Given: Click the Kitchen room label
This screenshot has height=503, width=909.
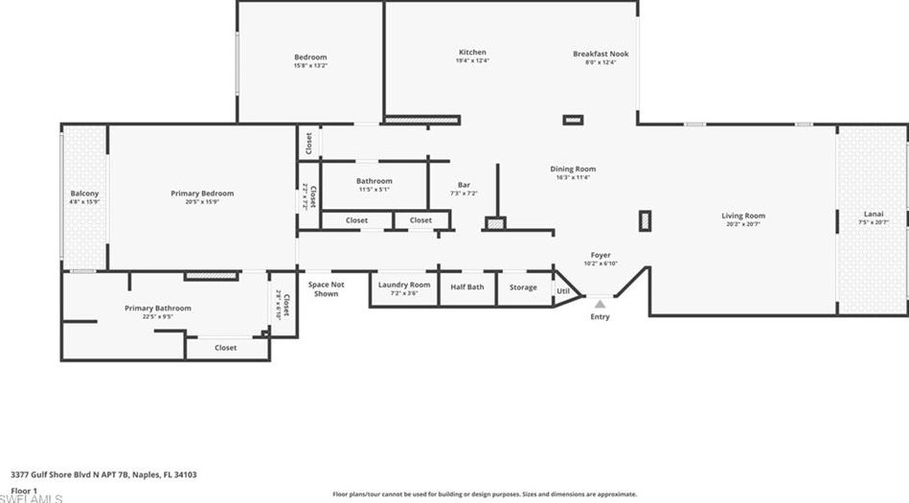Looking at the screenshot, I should pyautogui.click(x=471, y=53).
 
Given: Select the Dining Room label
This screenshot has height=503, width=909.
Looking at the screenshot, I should pyautogui.click(x=573, y=170).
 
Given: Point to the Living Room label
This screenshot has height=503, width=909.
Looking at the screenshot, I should pyautogui.click(x=743, y=216).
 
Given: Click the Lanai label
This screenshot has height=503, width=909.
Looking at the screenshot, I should pyautogui.click(x=874, y=214).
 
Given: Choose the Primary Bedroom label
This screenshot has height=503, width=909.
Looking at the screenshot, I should pyautogui.click(x=202, y=194).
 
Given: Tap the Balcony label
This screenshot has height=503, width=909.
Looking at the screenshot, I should pyautogui.click(x=84, y=194).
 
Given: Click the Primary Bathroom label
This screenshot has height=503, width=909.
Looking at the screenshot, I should pyautogui.click(x=158, y=308).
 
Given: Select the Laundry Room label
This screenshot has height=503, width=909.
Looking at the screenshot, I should pyautogui.click(x=404, y=285).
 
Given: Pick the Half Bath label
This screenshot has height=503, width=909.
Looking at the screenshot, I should pyautogui.click(x=467, y=286).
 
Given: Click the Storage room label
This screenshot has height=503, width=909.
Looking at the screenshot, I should pyautogui.click(x=523, y=286).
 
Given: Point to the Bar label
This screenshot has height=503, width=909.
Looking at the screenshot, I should pyautogui.click(x=464, y=185).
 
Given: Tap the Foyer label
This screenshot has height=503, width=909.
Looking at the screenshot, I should pyautogui.click(x=601, y=255).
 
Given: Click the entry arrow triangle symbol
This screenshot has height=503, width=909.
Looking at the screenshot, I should pyautogui.click(x=601, y=304).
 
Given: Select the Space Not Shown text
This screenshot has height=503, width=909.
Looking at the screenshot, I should pyautogui.click(x=326, y=288).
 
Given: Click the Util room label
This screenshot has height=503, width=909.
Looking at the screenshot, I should pyautogui.click(x=563, y=291).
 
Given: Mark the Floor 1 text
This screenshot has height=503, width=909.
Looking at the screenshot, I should pyautogui.click(x=24, y=491).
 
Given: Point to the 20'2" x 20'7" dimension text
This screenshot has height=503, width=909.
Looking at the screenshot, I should pyautogui.click(x=743, y=224).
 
